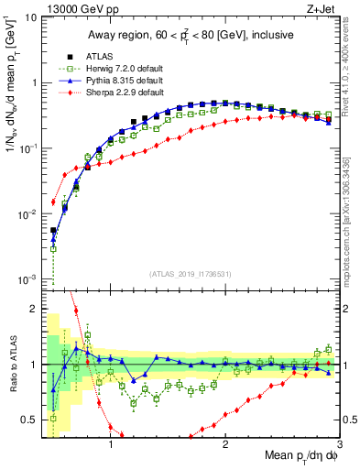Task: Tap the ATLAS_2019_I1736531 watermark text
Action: (191, 274)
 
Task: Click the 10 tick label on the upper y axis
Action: (31, 16)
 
